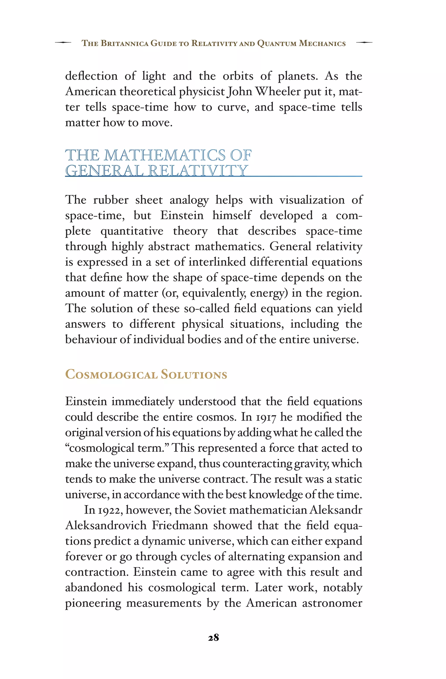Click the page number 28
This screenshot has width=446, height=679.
pos(213,637)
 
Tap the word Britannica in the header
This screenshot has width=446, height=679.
pos(125,43)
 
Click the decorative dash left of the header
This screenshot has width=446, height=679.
pos(63,43)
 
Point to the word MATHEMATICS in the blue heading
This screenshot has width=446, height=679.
pos(164,155)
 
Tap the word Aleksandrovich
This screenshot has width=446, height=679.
pos(106,525)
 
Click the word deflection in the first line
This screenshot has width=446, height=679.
pos(91,76)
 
